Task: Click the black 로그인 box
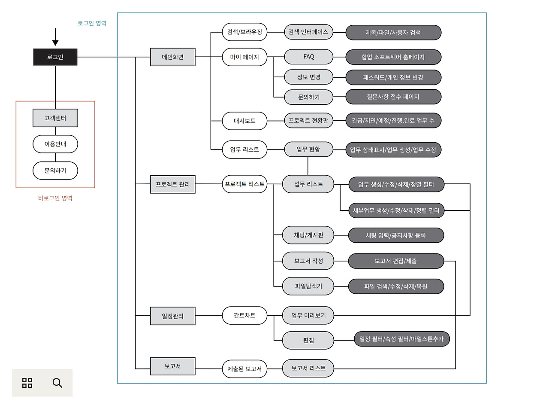[55, 57]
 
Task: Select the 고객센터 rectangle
[55, 118]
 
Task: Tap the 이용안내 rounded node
[55, 144]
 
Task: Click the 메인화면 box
[172, 57]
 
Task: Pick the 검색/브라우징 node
[244, 32]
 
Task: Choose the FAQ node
[308, 57]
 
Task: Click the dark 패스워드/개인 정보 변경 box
[393, 77]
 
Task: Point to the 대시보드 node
[244, 121]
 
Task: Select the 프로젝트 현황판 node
[308, 121]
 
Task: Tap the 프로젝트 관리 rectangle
[172, 185]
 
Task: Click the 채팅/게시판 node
[308, 235]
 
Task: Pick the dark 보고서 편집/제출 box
[395, 261]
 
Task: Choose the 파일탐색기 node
[308, 286]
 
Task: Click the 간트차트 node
[244, 315]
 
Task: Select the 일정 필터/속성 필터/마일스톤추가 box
[402, 339]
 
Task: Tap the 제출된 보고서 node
[244, 368]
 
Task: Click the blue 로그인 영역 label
[92, 23]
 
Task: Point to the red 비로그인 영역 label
[55, 198]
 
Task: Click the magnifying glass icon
[57, 383]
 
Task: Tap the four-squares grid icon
[27, 383]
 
